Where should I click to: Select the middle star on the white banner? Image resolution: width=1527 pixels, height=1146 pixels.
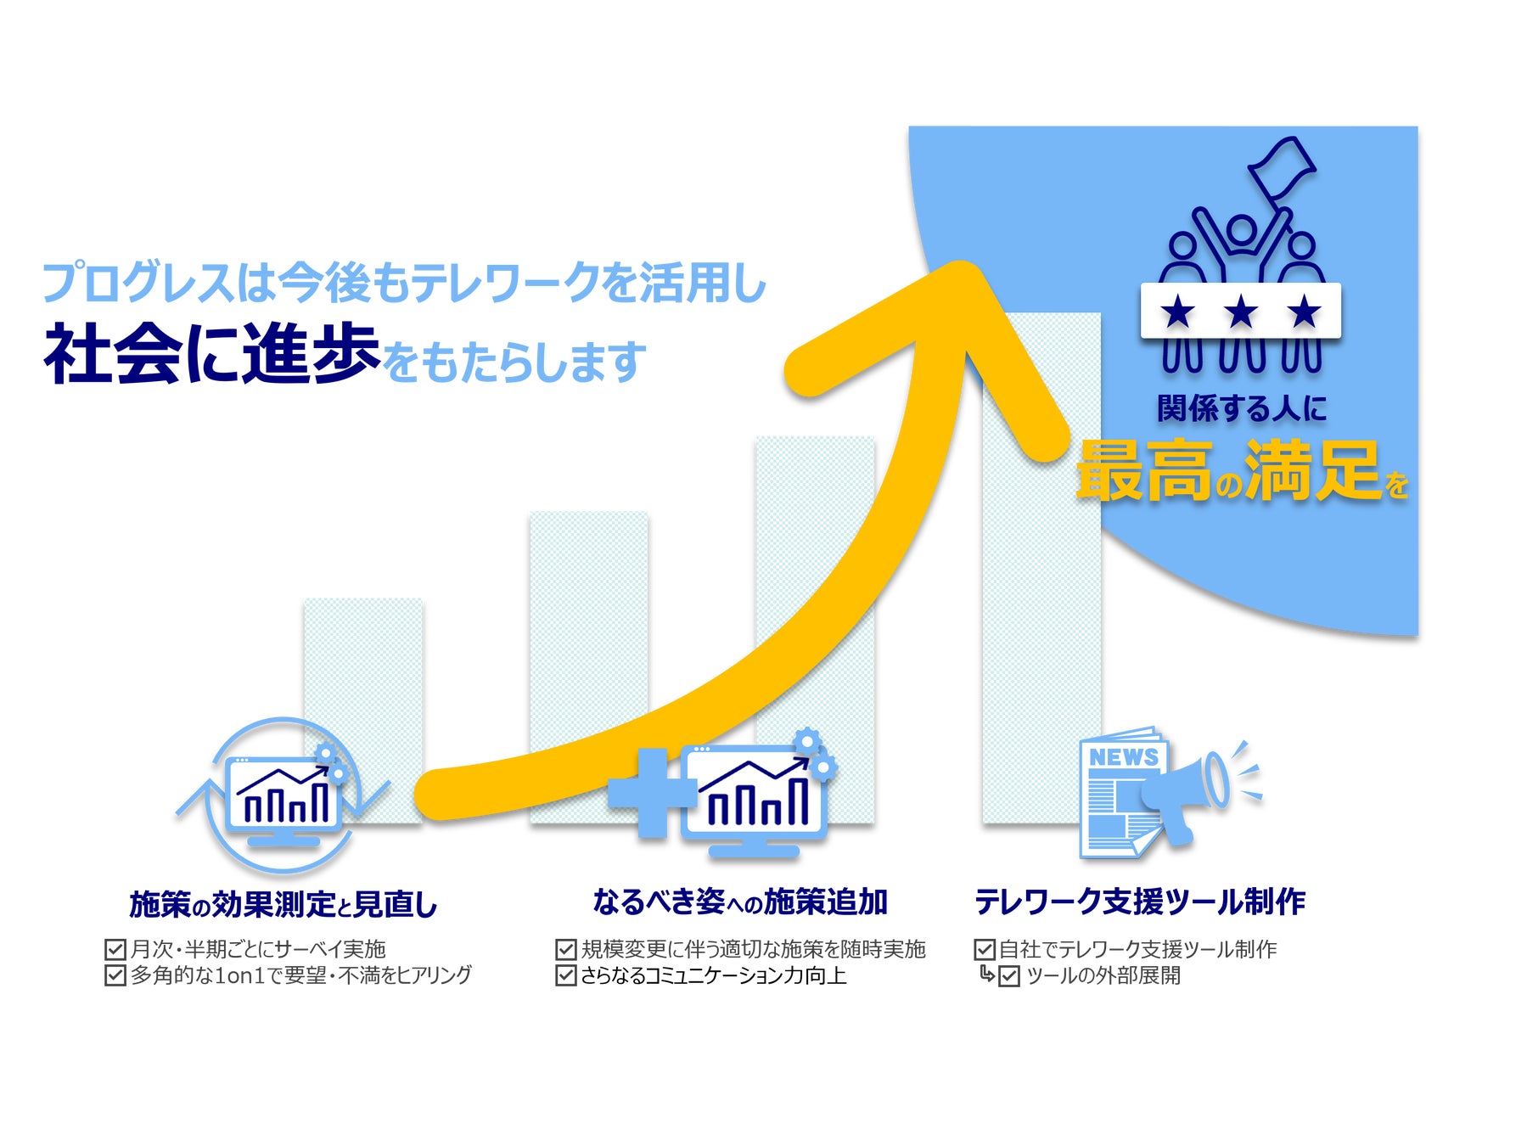[x=1241, y=312]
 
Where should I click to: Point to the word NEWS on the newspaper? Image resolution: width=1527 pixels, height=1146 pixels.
[x=1123, y=756]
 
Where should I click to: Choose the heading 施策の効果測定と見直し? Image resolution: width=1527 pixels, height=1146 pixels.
[x=283, y=904]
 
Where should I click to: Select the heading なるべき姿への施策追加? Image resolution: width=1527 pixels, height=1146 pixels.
[x=739, y=902]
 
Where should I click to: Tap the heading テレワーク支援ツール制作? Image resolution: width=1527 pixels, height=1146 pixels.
[x=1139, y=902]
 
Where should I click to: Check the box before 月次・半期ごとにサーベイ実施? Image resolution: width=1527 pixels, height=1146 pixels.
[x=115, y=949]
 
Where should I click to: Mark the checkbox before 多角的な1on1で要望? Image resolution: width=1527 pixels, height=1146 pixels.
[x=115, y=975]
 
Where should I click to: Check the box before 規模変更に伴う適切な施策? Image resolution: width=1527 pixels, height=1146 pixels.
[x=565, y=949]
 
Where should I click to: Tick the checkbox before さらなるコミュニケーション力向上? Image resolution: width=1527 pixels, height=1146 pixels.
[x=565, y=975]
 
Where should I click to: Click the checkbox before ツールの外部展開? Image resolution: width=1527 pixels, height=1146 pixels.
[x=1008, y=976]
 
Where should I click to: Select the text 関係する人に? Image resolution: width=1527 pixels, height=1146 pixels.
[x=1241, y=408]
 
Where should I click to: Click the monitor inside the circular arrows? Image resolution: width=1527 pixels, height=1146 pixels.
[x=284, y=798]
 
